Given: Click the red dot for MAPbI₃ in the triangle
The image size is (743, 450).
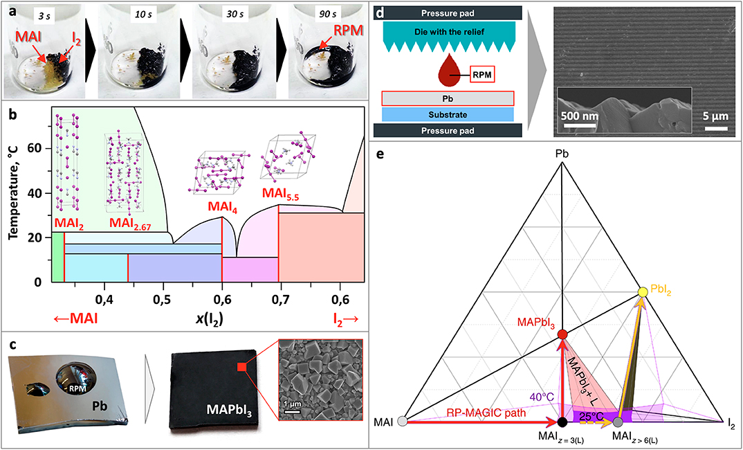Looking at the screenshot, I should [x=562, y=334].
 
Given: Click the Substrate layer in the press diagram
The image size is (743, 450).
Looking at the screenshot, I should [x=444, y=114].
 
